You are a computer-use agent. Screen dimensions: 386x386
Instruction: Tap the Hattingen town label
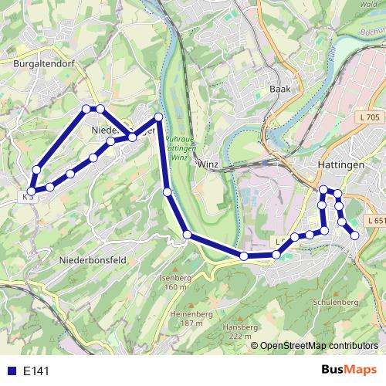[x=340, y=165]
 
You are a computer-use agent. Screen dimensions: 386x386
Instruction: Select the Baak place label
[x=279, y=90]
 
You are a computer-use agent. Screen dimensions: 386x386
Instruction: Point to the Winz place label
[x=208, y=164]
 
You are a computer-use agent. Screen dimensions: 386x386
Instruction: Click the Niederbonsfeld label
[x=93, y=261]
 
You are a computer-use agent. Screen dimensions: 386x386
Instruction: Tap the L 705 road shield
[x=370, y=117]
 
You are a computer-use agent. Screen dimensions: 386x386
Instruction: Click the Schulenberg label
[x=334, y=302]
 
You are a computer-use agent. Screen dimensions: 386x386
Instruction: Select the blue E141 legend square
[x=11, y=371]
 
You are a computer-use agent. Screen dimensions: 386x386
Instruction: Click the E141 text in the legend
[x=36, y=371]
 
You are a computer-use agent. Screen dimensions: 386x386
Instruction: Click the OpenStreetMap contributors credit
[x=319, y=345]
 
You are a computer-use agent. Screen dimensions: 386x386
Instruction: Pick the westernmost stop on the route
[x=32, y=191]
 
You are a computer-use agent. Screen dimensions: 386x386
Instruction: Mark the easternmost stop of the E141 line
[x=354, y=235]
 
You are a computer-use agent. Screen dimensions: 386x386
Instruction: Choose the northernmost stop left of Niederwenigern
[x=86, y=108]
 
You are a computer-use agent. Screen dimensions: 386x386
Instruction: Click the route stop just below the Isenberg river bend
[x=187, y=234]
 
